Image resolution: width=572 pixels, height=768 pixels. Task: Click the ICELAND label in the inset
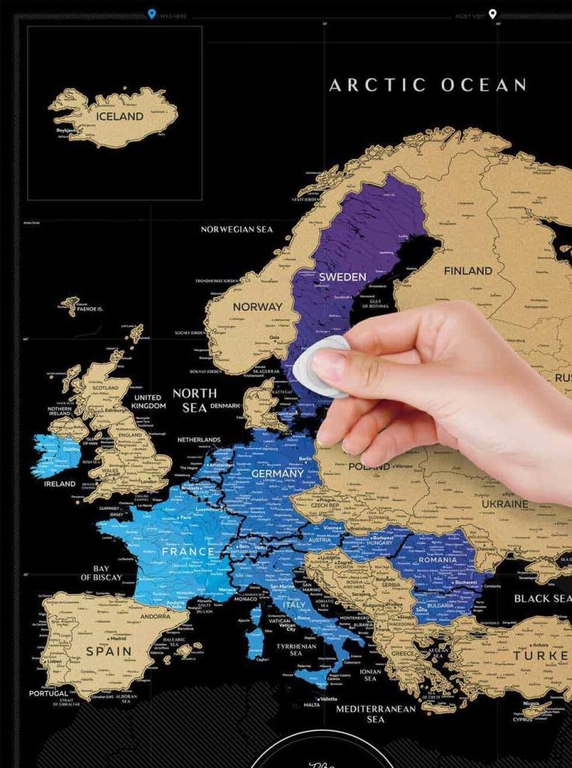pyautogui.click(x=120, y=116)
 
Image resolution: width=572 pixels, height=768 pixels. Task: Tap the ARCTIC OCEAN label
pyautogui.click(x=428, y=85)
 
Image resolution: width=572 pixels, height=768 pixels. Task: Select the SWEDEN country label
pyautogui.click(x=342, y=277)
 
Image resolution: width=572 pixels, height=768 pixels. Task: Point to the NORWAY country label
pyautogui.click(x=257, y=306)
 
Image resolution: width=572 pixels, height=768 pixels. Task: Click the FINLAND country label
pyautogui.click(x=467, y=271)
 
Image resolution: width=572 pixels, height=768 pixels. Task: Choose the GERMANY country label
pyautogui.click(x=277, y=473)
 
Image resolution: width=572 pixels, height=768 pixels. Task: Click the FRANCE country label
pyautogui.click(x=188, y=552)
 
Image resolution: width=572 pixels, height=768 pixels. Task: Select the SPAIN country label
pyautogui.click(x=109, y=651)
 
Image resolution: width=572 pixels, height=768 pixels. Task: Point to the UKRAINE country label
pyautogui.click(x=505, y=503)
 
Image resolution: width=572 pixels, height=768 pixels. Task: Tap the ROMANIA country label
pyautogui.click(x=438, y=559)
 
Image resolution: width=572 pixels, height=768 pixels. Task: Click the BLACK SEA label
pyautogui.click(x=542, y=598)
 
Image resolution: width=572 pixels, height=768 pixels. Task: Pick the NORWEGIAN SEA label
pyautogui.click(x=236, y=230)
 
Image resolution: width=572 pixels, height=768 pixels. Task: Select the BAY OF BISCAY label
pyautogui.click(x=102, y=573)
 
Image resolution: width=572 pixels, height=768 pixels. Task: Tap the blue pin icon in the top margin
pyautogui.click(x=152, y=13)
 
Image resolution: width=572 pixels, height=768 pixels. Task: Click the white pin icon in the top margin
pyautogui.click(x=492, y=13)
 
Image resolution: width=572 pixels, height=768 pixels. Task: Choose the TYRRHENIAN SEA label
pyautogui.click(x=296, y=649)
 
